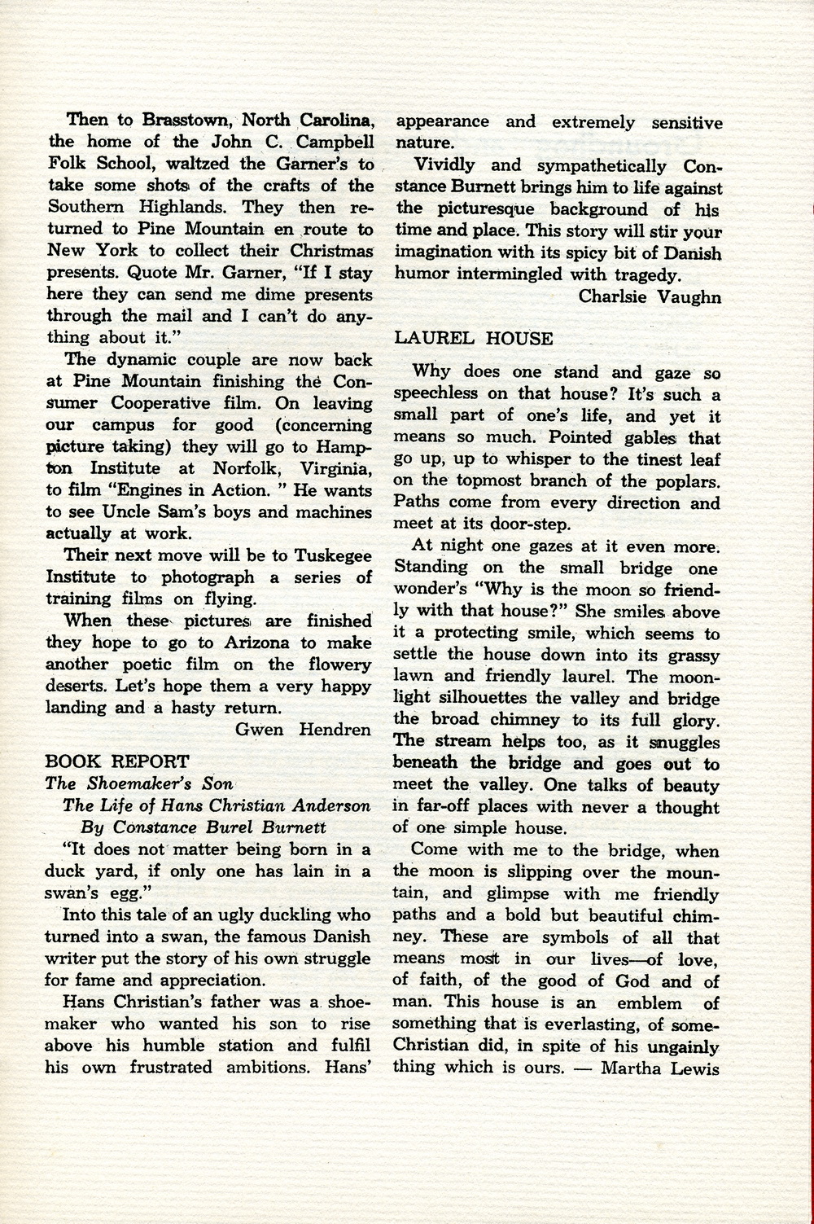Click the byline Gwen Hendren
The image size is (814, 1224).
[x=303, y=730]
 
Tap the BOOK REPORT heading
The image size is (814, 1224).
[x=117, y=762]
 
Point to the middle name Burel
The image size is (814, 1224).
[x=224, y=828]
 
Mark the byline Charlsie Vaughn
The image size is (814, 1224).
[x=649, y=297]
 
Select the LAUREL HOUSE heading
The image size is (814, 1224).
[x=474, y=339]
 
